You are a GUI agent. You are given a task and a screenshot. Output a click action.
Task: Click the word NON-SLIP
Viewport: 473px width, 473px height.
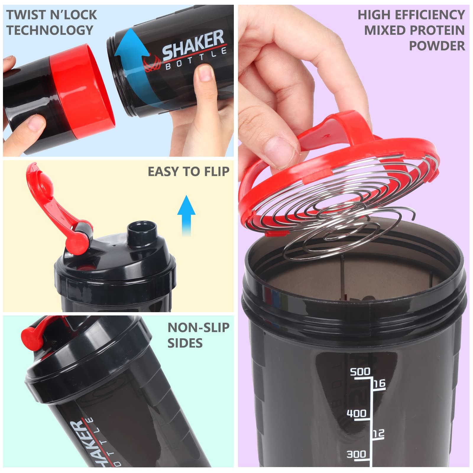(x=198, y=327)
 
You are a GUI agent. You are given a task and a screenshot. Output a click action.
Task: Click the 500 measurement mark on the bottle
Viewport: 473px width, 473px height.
(x=360, y=371)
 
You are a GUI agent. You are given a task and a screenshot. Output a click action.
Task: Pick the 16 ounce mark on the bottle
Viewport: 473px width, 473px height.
(x=380, y=383)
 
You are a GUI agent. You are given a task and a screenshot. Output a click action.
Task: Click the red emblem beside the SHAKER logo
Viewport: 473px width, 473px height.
(x=152, y=62)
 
